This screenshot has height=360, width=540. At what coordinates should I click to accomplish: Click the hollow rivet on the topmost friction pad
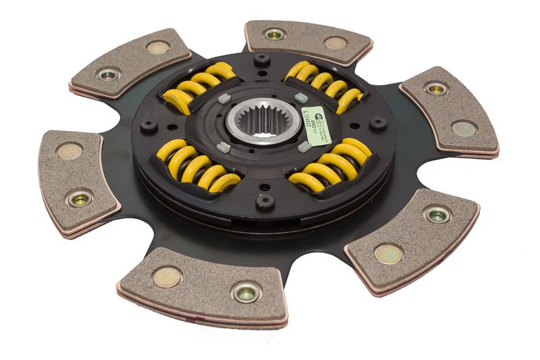274,34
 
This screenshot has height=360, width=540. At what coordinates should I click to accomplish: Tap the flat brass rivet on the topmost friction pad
335,44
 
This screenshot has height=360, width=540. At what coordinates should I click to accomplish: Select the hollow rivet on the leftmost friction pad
80,199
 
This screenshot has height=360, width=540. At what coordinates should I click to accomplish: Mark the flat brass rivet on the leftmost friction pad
69,151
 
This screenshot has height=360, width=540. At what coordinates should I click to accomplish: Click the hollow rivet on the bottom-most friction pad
244,292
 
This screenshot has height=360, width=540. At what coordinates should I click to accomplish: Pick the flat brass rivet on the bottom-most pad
166,276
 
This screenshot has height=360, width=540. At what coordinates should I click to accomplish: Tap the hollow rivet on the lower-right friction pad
437,215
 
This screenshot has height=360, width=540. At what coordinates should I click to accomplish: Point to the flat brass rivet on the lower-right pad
389,253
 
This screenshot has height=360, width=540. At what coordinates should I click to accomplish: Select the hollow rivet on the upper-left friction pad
109,74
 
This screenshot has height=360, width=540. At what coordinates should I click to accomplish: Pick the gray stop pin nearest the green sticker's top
302,97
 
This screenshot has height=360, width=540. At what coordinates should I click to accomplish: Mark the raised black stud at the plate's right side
379,122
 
